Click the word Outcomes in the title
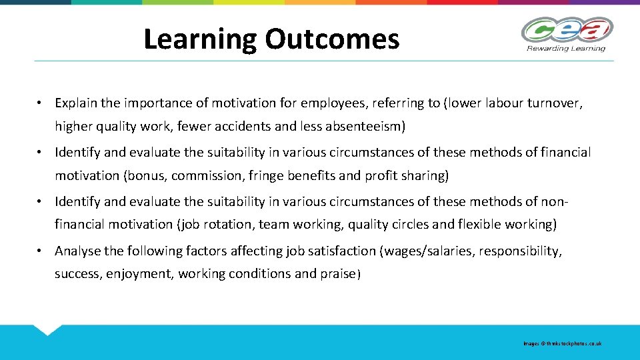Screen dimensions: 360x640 (x=332, y=39)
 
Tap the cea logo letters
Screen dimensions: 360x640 (x=567, y=31)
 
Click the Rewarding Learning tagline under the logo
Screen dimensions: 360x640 (x=566, y=48)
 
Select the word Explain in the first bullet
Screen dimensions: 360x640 (x=75, y=103)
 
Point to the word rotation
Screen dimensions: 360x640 (x=229, y=225)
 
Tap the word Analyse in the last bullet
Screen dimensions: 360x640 (x=78, y=251)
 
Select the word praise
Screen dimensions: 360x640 (x=338, y=274)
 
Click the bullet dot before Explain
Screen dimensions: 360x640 (x=41, y=103)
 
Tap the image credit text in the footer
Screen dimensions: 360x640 (x=562, y=343)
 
